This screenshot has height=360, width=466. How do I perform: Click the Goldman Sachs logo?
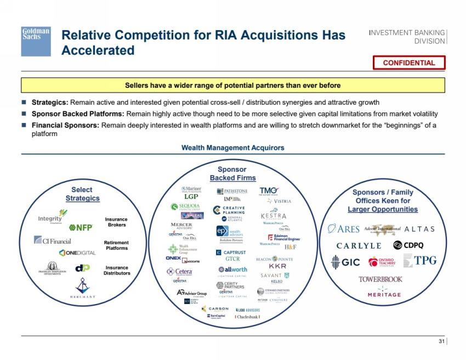click(36, 41)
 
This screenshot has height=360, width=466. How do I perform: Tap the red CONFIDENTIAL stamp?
click(409, 63)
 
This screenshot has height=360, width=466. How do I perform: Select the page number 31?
click(442, 343)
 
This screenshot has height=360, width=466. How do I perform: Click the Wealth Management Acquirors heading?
click(233, 148)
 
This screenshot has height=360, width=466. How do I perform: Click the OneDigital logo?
click(77, 252)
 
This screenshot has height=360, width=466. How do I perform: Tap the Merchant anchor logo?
click(82, 288)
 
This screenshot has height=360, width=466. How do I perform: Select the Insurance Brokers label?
click(116, 222)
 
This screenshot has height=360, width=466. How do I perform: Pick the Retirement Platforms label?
click(116, 245)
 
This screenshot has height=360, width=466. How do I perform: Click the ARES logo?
click(344, 229)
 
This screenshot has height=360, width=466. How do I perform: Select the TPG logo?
click(420, 261)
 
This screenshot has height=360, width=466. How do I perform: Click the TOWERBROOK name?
click(380, 279)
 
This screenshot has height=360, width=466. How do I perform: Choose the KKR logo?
click(277, 266)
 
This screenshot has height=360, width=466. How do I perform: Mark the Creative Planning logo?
click(229, 211)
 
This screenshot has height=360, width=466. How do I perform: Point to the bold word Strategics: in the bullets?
click(50, 103)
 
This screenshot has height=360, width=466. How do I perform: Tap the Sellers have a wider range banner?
click(233, 85)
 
